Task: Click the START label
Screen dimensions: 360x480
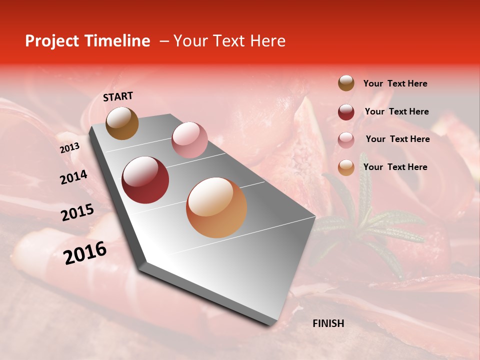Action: point(118,96)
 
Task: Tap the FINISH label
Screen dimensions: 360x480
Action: point(328,323)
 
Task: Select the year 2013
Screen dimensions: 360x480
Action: point(69,148)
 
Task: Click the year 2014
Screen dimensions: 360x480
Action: point(73,177)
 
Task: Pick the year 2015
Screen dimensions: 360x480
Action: point(77,212)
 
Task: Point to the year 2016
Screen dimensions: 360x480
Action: point(85,252)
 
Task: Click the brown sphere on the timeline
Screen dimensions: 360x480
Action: point(122,123)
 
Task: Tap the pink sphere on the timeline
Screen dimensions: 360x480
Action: point(189,140)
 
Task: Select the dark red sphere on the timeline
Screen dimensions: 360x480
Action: point(145,180)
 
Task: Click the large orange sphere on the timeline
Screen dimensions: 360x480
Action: point(216,207)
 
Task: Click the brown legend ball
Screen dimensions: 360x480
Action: point(346,83)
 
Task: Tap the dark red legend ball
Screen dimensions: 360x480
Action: point(346,112)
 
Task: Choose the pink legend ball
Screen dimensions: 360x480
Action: point(346,139)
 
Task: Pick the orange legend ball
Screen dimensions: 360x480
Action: point(346,167)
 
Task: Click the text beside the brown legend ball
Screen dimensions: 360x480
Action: point(395,83)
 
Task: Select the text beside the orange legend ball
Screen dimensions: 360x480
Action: point(395,167)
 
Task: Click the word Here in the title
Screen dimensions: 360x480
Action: point(267,41)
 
